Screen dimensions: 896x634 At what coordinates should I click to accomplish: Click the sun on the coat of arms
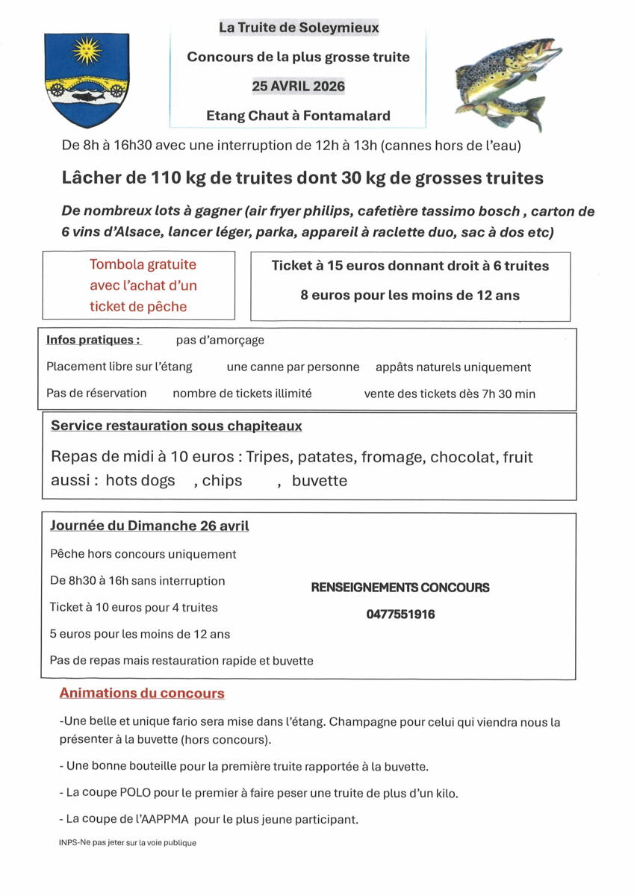click(x=84, y=52)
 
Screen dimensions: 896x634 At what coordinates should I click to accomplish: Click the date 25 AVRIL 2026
click(x=298, y=86)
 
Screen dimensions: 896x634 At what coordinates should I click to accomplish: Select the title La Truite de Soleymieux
click(x=298, y=28)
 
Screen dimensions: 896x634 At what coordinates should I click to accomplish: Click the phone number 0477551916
click(x=400, y=615)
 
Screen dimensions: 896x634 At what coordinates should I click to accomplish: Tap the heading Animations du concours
click(x=142, y=693)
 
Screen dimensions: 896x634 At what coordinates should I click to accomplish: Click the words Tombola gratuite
click(x=143, y=264)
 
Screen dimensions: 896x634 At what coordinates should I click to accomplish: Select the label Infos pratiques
click(x=93, y=340)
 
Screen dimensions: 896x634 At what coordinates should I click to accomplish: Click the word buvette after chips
click(x=319, y=481)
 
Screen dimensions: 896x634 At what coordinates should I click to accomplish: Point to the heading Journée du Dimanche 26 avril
click(x=149, y=526)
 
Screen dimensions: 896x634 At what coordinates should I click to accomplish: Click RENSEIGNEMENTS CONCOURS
click(x=400, y=588)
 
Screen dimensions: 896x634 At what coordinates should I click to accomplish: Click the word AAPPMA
click(x=172, y=819)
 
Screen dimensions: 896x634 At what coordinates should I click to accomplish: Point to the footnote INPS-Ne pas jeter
click(x=127, y=842)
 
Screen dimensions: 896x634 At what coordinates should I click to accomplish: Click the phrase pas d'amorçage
click(x=220, y=340)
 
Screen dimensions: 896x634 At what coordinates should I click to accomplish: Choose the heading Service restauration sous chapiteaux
click(x=176, y=426)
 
